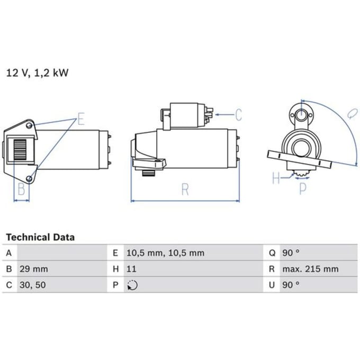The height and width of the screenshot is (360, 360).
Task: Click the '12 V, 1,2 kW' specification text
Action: (x=37, y=73)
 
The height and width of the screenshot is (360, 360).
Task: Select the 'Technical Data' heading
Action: (x=40, y=237)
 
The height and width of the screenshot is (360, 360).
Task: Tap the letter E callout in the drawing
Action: (x=81, y=119)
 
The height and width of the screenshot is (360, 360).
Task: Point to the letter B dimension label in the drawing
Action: (x=22, y=189)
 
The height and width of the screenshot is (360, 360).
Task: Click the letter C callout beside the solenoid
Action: (x=239, y=114)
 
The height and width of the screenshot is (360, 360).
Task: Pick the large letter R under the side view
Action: (x=185, y=189)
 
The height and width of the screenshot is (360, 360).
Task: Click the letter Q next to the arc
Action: (x=352, y=114)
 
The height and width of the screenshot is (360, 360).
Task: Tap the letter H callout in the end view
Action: (x=276, y=178)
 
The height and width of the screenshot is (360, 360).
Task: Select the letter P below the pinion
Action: (x=303, y=188)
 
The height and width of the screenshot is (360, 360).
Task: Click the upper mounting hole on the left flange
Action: (x=29, y=125)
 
